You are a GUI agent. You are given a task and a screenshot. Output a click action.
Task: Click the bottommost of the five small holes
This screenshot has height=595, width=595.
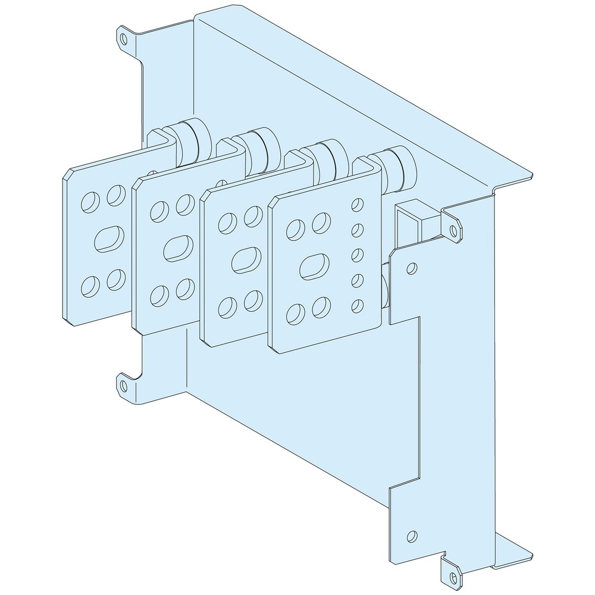[x=358, y=306]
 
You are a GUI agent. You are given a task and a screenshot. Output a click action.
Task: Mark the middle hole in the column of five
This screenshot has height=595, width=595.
[x=358, y=255]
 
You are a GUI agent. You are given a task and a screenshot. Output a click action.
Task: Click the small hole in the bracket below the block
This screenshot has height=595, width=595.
[x=410, y=269]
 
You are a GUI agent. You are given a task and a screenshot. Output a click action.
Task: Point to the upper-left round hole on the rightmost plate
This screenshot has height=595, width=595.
[x=295, y=227]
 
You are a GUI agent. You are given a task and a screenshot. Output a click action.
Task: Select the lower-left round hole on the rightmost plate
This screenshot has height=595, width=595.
[x=295, y=312]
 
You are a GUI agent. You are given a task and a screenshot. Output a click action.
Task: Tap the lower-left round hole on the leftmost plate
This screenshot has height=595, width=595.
[x=90, y=286]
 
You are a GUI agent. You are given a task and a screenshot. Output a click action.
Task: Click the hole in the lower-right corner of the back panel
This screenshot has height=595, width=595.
[x=411, y=535]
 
